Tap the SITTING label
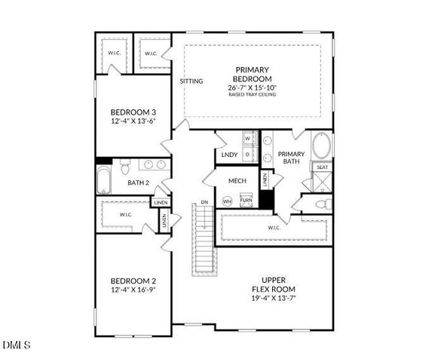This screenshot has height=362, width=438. click(x=191, y=81)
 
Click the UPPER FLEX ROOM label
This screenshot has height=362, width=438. click(x=273, y=284)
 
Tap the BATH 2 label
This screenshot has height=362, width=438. click(x=139, y=183)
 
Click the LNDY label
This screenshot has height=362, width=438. click(x=230, y=155)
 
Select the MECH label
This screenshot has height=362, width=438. click(x=237, y=181)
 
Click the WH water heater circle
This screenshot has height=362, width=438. click(x=227, y=201)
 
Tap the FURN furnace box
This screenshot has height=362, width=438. click(x=247, y=201)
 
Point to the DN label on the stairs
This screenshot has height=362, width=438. click(x=204, y=203)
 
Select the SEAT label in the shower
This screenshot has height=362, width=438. click(x=323, y=167)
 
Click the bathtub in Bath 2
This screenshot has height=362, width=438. click(x=104, y=181)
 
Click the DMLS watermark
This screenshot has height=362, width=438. click(x=17, y=345)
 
